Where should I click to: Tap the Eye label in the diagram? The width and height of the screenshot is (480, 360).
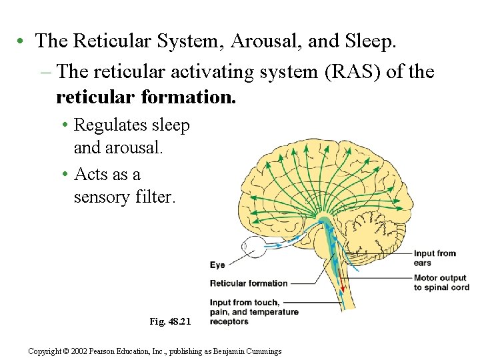(x=217, y=265)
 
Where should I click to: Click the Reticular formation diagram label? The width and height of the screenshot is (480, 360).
(x=249, y=283)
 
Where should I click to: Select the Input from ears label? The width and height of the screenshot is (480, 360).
(x=435, y=257)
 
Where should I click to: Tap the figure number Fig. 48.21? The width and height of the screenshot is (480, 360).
(x=170, y=321)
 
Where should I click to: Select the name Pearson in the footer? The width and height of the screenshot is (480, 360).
(x=117, y=351)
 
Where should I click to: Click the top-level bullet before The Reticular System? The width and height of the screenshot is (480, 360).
(x=22, y=41)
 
